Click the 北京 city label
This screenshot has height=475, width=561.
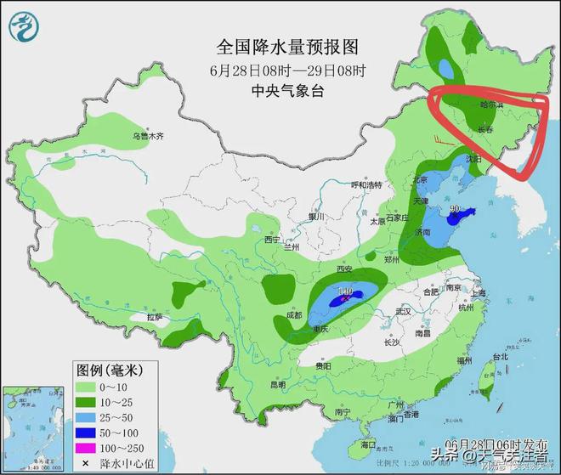(x=417, y=180)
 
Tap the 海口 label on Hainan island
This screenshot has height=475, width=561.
(x=367, y=444)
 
